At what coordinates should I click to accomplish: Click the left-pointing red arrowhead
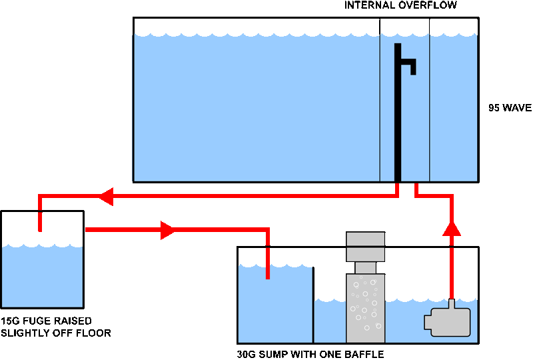[x=105, y=196]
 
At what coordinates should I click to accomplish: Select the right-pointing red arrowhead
[x=169, y=230]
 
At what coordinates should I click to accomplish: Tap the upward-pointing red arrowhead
[x=452, y=229]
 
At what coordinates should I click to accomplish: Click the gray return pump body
[x=451, y=322]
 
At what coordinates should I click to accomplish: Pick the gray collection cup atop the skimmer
[x=365, y=247]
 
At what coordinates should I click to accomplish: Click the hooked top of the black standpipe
[x=406, y=63]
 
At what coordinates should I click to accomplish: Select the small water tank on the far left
[x=42, y=277]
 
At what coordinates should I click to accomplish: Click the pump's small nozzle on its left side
[x=428, y=323]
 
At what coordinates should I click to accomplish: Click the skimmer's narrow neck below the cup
[x=365, y=268]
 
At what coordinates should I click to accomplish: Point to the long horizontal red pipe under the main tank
[x=253, y=196]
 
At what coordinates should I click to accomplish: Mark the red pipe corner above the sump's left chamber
[x=266, y=231]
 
